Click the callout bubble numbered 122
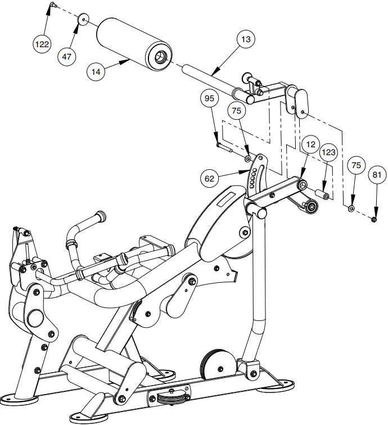43,44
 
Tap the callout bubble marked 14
97,71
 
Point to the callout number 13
245,40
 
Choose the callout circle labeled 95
210,98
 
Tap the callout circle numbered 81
376,175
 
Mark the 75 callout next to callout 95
236,111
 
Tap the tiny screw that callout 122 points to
52,5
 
